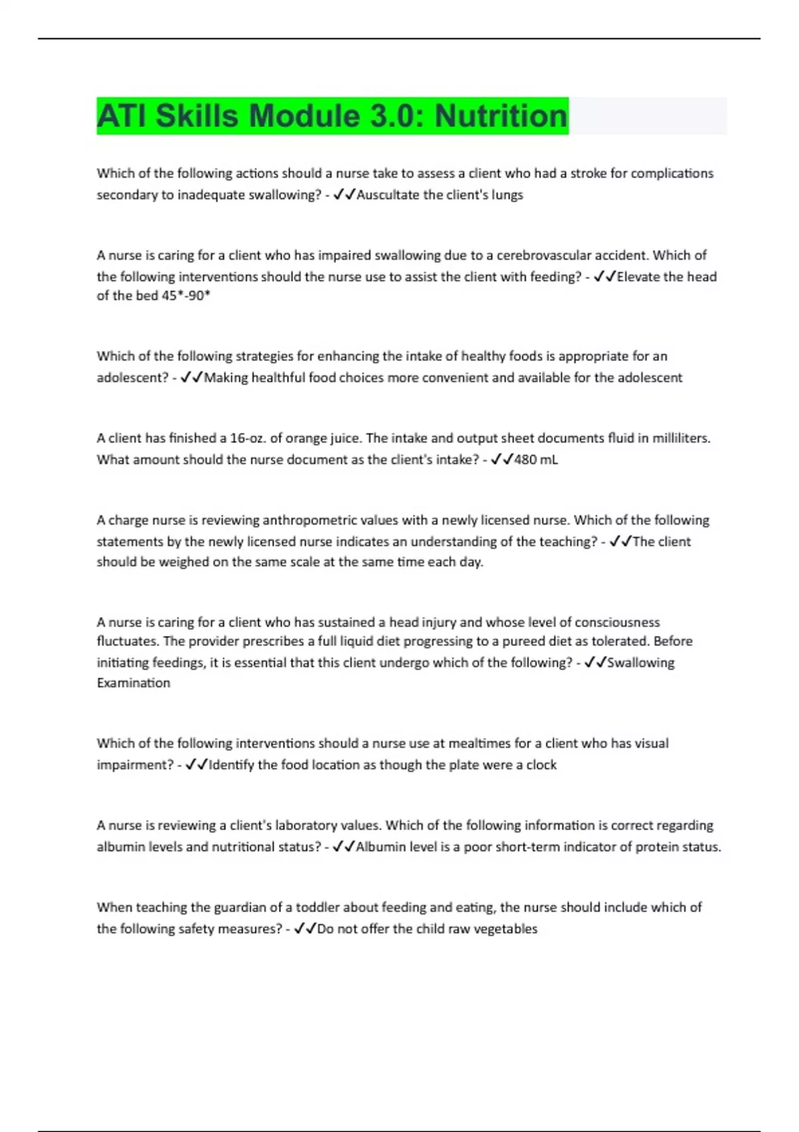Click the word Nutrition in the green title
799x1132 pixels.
[x=501, y=116]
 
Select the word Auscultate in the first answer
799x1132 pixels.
[x=388, y=195]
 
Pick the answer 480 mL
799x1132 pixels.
[x=536, y=459]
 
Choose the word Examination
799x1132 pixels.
[x=133, y=683]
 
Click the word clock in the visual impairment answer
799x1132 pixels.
[x=541, y=765]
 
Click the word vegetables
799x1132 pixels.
[x=505, y=929]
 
